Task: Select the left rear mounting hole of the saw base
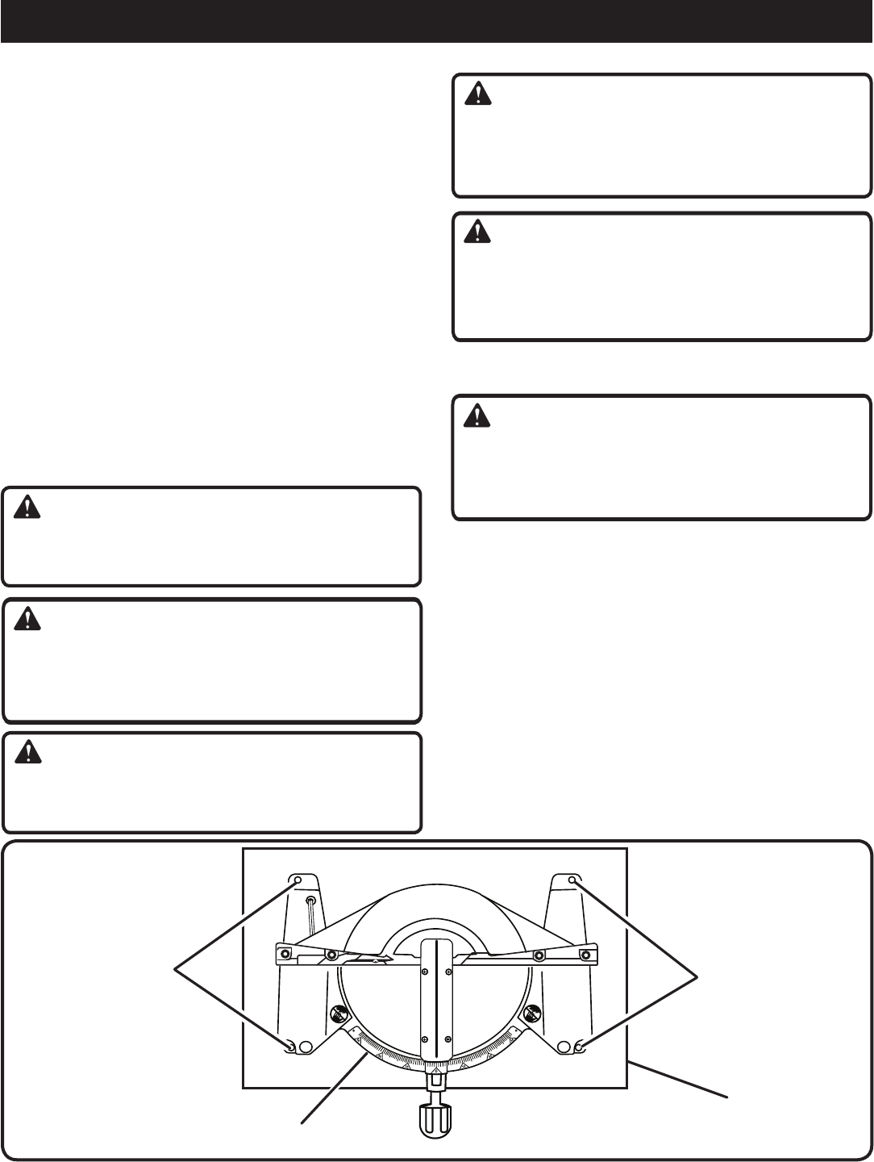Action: point(298,880)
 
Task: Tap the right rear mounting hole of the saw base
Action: point(573,880)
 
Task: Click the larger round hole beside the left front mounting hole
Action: point(305,1047)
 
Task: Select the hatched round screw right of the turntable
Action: point(532,1011)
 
